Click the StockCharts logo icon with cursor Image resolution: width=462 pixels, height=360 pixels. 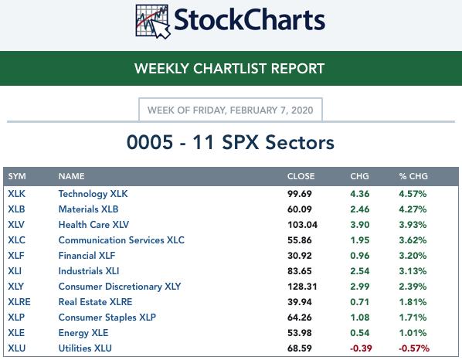153,21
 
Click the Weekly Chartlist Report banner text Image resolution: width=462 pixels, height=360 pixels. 229,68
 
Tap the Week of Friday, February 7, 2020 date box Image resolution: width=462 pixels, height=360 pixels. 230,110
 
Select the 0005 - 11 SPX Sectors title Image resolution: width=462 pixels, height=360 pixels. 230,142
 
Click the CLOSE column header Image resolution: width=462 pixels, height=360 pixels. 301,176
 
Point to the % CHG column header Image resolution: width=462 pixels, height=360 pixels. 413,176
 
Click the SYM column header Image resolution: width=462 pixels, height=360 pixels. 17,176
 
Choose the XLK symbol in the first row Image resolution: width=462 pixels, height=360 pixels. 16,194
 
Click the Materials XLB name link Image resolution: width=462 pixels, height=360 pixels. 88,209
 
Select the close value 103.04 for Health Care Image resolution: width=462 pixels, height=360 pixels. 303,225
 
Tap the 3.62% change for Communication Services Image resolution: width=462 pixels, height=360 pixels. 413,240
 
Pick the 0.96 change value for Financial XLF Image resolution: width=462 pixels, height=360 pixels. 360,256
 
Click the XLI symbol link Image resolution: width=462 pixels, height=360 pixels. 15,271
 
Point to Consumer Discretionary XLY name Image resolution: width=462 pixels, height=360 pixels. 120,287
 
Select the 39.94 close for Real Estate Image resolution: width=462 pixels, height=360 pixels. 300,302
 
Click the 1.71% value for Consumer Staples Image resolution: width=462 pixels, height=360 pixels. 413,318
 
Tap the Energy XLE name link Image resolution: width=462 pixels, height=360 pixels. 83,333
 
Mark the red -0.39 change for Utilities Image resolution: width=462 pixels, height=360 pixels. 361,348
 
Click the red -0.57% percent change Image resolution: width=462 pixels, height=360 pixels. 414,348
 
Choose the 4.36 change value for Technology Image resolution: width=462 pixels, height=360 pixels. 360,194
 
